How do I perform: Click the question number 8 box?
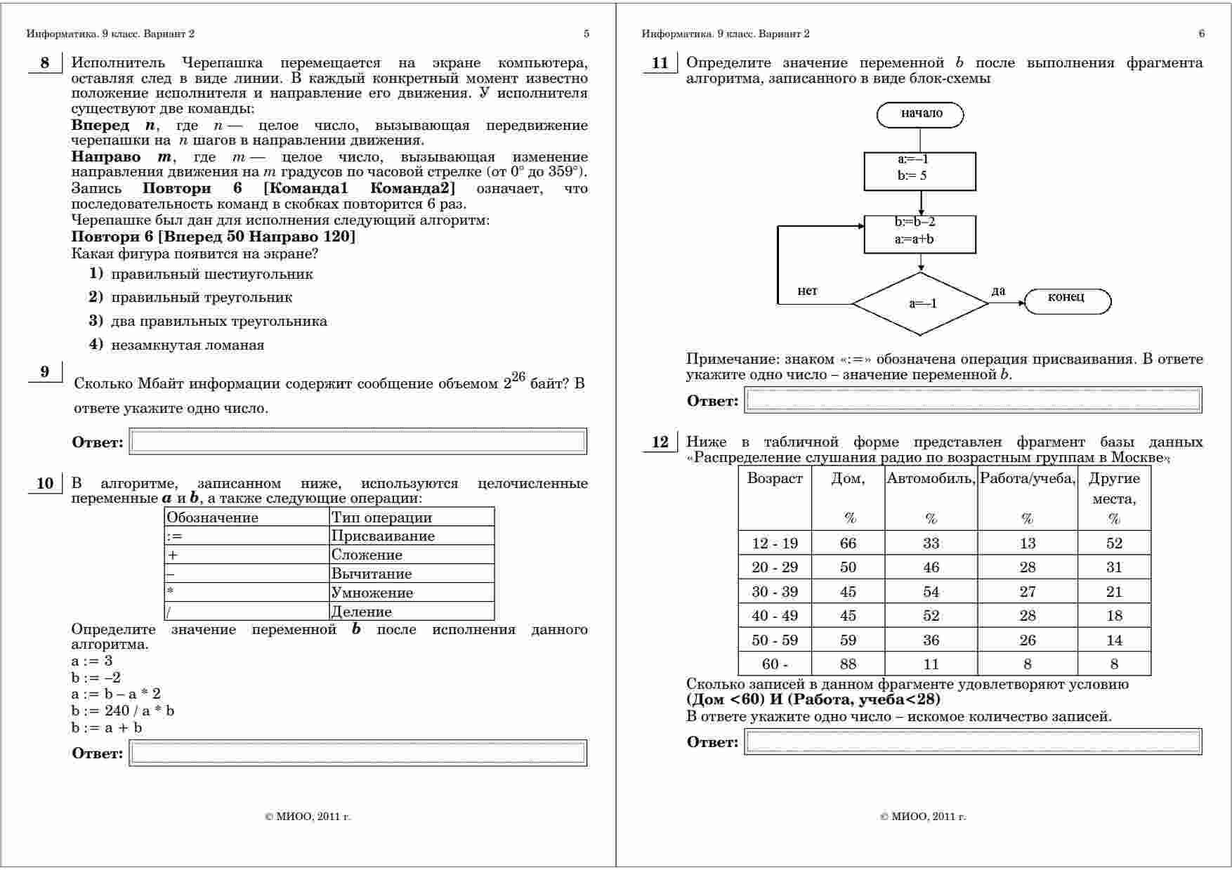pos(46,63)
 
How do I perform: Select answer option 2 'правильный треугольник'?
pos(201,298)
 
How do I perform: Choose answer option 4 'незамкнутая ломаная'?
pos(187,345)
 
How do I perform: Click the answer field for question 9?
pos(358,442)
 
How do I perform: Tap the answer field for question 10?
pos(358,753)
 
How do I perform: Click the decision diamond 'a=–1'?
pos(920,304)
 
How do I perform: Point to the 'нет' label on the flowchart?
pos(807,291)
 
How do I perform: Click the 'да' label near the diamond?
pos(998,291)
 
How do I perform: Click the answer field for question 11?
pos(973,400)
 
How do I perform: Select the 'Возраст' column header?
pos(775,479)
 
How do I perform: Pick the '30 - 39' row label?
pos(775,592)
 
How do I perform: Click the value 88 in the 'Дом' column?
pos(848,664)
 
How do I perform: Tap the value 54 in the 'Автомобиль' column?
pos(931,592)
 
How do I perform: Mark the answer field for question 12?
pos(973,742)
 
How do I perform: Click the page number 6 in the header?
pos(1202,34)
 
